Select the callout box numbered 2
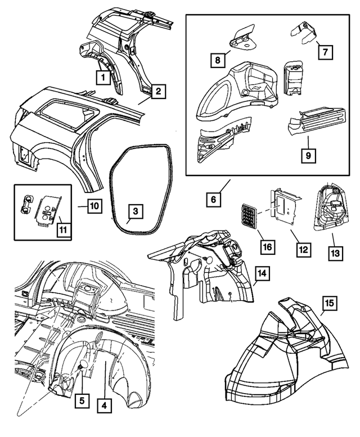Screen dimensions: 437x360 159,91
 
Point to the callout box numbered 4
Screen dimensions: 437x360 104,404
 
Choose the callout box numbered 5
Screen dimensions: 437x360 82,401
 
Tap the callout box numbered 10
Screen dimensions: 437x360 94,206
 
